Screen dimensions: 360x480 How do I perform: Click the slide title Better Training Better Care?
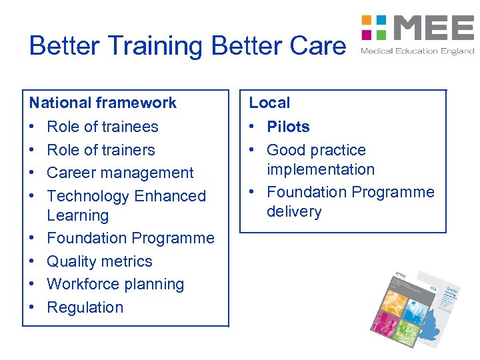[187, 45]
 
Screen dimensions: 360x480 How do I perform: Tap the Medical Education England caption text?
[417, 51]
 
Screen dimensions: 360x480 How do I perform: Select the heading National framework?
[103, 103]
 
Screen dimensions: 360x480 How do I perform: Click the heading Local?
[269, 103]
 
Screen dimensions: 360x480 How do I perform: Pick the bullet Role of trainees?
[103, 127]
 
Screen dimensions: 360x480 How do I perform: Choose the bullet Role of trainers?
[101, 150]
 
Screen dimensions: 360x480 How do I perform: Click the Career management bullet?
[120, 173]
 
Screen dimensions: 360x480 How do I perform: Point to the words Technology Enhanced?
[127, 196]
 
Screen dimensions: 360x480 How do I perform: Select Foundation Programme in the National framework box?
[131, 238]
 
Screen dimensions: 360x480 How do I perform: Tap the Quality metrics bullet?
[100, 261]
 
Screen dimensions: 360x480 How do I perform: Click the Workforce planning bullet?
[115, 284]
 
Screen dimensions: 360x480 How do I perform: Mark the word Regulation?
[85, 307]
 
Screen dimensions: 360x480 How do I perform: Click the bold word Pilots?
[288, 127]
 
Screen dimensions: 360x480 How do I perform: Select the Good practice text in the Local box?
[316, 150]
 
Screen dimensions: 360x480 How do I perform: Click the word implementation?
[321, 169]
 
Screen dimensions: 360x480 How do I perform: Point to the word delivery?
[294, 211]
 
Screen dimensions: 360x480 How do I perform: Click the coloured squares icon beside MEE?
[374, 27]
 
